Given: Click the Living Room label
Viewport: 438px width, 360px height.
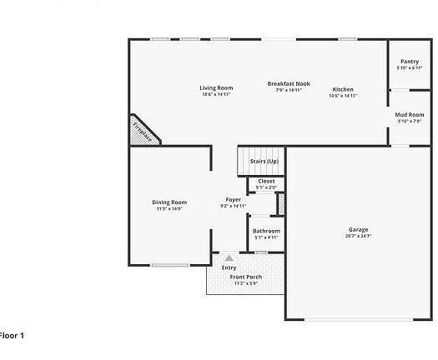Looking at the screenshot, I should [x=216, y=87].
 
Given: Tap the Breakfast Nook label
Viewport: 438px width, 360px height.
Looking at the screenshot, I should [x=289, y=83].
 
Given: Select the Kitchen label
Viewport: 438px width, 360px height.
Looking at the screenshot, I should [x=343, y=89].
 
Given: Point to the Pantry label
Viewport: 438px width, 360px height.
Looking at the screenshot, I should [x=409, y=61].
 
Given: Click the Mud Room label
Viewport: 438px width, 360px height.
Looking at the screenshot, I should [x=410, y=114].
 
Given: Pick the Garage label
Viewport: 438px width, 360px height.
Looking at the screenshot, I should [x=359, y=229].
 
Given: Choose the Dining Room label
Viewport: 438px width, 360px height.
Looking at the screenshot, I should [x=169, y=202].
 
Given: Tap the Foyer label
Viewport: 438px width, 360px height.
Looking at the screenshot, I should [x=234, y=199].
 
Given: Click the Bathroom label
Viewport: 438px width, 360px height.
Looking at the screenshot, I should [x=266, y=231].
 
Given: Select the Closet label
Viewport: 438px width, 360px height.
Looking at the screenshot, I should [x=266, y=181].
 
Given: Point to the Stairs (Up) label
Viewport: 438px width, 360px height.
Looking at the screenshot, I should [x=264, y=161].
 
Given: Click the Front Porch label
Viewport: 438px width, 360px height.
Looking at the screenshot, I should [x=246, y=277].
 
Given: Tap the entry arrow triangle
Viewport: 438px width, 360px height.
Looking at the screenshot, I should [x=229, y=258].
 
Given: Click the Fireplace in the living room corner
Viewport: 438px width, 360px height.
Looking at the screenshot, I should [x=143, y=132].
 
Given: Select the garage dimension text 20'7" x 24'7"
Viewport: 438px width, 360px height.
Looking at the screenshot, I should [x=359, y=236].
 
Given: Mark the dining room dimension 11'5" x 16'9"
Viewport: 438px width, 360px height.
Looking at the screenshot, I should [x=169, y=209].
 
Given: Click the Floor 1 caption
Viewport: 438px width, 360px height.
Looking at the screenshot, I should [x=12, y=335].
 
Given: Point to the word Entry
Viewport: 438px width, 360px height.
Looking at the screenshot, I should [x=229, y=267].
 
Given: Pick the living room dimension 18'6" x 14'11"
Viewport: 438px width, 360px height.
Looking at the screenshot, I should [x=216, y=94].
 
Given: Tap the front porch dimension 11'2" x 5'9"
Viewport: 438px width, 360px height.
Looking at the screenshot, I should [x=246, y=283].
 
